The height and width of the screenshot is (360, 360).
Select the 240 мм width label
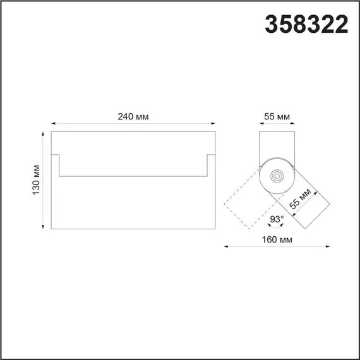(x=133, y=116)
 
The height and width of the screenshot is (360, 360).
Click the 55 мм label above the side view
(x=276, y=116)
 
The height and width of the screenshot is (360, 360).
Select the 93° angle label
(x=276, y=220)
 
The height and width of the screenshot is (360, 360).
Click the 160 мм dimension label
(x=277, y=240)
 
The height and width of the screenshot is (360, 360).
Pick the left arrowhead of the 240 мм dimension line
(x=52, y=124)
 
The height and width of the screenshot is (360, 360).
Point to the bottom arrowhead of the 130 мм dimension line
(x=43, y=227)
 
